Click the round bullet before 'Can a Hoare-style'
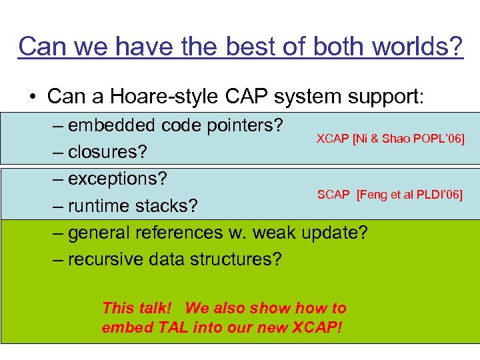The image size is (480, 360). click(33, 97)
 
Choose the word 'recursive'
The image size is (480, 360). click(105, 259)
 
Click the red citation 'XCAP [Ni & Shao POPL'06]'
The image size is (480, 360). click(390, 139)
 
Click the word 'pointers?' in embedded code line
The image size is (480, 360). click(243, 125)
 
